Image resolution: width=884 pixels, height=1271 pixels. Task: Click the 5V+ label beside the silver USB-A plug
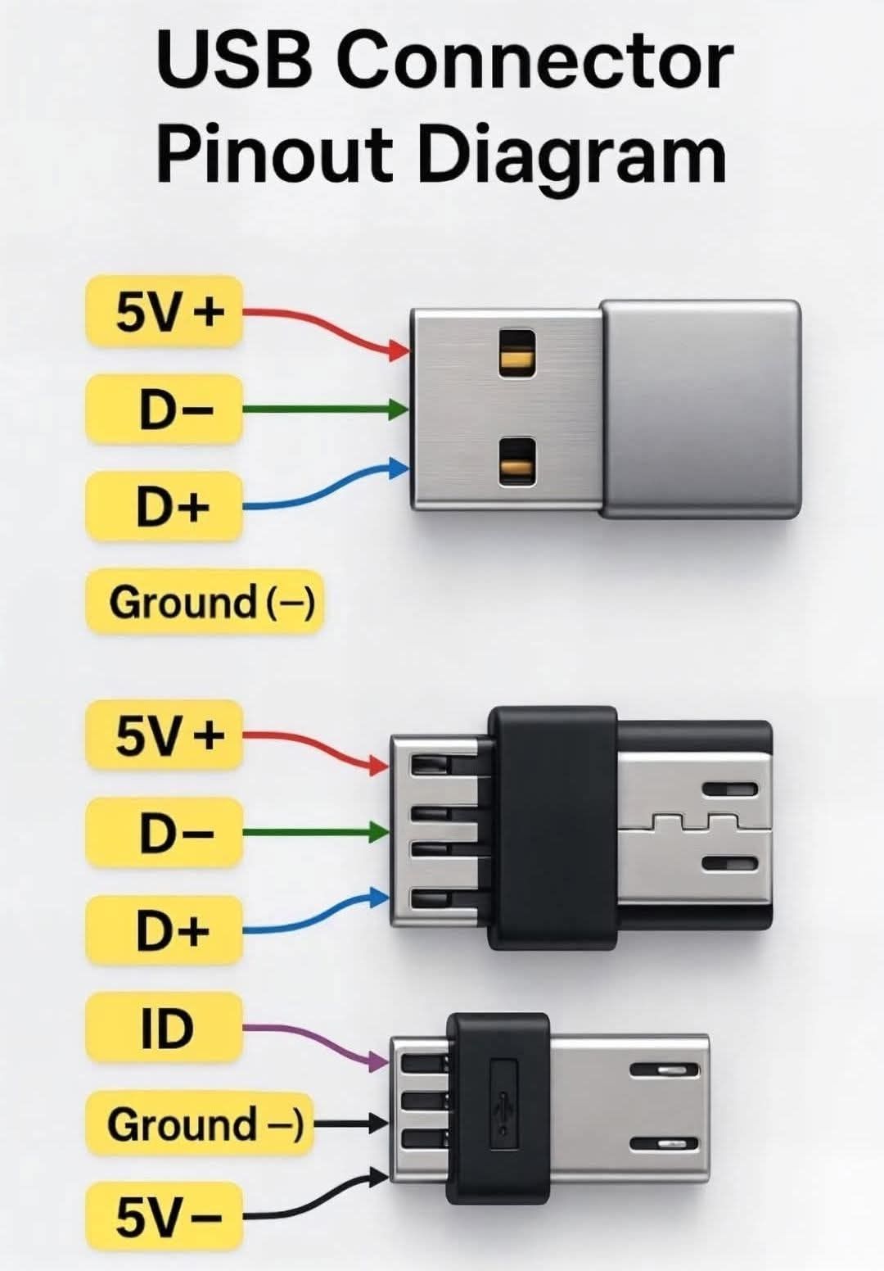pyautogui.click(x=165, y=311)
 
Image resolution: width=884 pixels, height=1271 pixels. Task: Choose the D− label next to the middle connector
pyautogui.click(x=165, y=833)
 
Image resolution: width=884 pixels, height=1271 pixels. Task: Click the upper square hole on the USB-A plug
pyautogui.click(x=516, y=354)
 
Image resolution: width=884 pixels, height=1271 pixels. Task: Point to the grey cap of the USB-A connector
pyautogui.click(x=701, y=409)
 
